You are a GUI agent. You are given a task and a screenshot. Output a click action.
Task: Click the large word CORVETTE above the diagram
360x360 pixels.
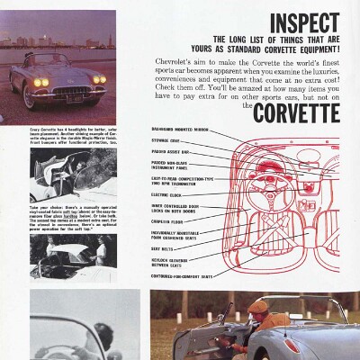coord(296,114)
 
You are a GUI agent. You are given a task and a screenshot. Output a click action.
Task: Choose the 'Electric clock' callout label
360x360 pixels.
coord(168,194)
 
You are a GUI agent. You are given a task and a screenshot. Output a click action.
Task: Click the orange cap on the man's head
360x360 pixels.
coord(258,308)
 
